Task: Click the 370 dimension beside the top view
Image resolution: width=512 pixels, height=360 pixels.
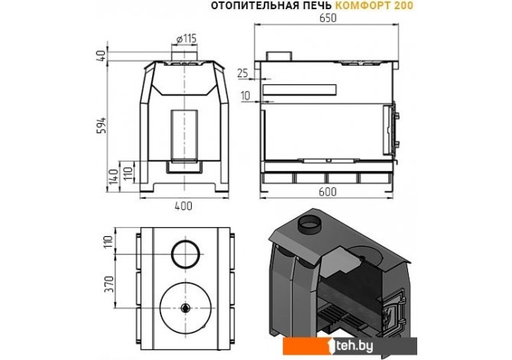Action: (x=109, y=284)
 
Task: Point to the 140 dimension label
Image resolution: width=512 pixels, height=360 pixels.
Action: (x=112, y=177)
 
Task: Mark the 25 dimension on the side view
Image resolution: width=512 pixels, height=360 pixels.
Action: (x=243, y=73)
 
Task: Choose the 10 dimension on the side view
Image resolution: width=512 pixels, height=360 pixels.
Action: (x=244, y=96)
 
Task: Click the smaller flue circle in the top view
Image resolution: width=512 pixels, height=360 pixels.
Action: (x=185, y=252)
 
